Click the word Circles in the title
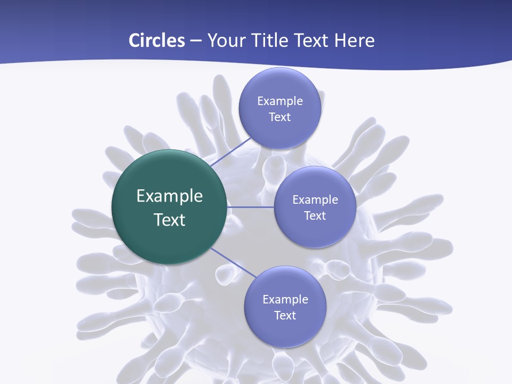click(156, 41)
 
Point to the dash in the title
click(195, 41)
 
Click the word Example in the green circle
click(170, 196)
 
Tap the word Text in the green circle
click(170, 220)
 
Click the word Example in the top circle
click(279, 101)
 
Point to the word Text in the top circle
click(279, 117)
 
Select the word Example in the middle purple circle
click(315, 200)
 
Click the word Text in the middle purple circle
click(315, 216)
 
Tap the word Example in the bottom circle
click(285, 300)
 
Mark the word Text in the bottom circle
click(285, 316)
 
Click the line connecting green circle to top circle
click(231, 151)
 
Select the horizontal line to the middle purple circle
click(251, 207)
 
